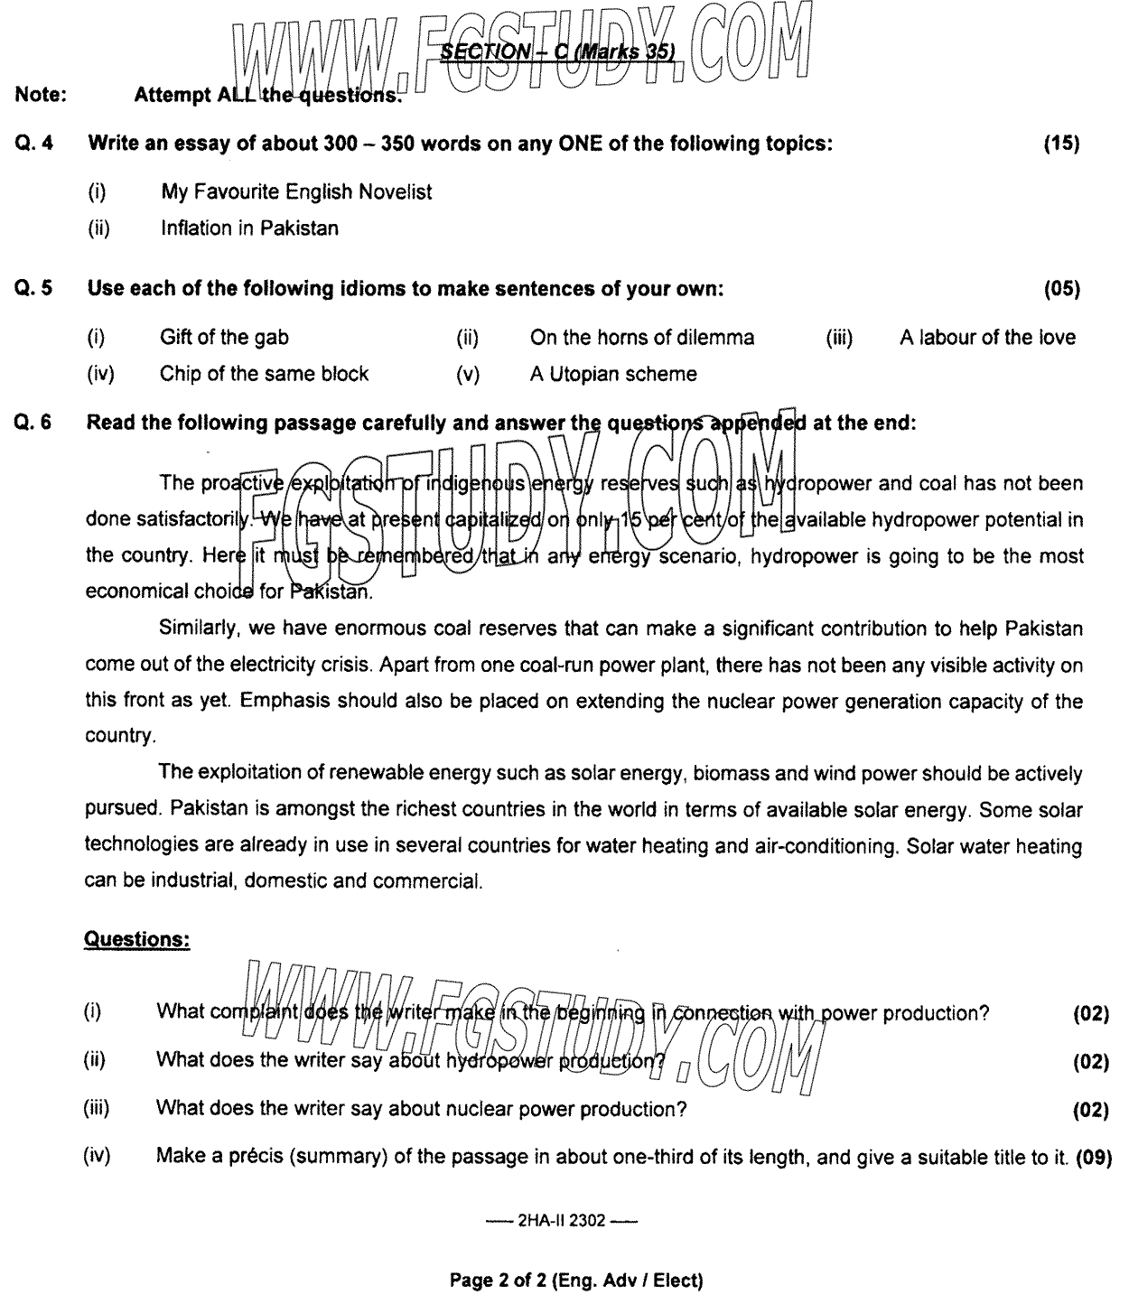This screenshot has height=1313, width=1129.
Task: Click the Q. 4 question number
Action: point(34,143)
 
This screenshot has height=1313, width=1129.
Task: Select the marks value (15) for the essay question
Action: point(1061,143)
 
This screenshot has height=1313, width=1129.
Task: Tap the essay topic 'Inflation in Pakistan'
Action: point(249,228)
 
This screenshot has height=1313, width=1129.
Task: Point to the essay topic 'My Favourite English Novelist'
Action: point(296,191)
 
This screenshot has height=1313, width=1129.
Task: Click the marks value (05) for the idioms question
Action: point(1061,289)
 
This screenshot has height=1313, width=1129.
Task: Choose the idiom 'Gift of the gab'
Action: point(224,338)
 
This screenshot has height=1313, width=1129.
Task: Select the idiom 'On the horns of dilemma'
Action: point(641,338)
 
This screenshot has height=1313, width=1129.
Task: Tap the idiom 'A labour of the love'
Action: point(987,338)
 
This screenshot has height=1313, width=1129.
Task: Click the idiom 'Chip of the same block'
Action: point(264,374)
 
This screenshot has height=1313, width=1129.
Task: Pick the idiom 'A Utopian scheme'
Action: point(613,374)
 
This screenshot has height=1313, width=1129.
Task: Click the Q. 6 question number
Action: point(34,423)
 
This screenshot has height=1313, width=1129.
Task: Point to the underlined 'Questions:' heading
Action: point(136,939)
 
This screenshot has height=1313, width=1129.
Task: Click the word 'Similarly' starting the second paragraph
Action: point(193,629)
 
